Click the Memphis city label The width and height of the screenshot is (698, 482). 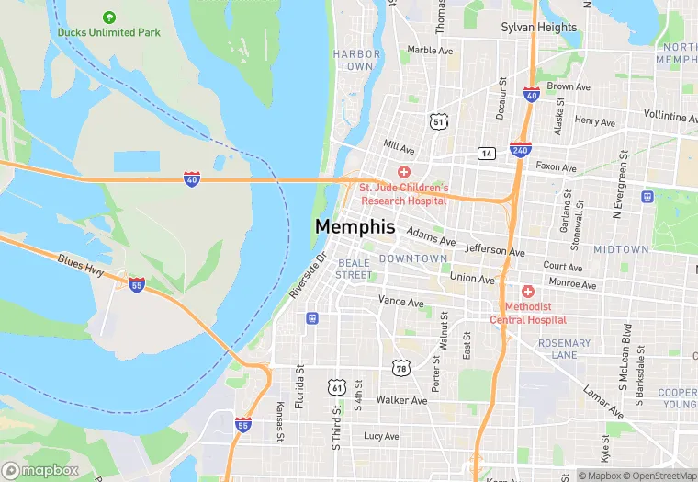click(355, 226)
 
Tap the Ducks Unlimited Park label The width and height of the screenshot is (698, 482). click(108, 32)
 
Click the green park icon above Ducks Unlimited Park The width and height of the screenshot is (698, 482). click(109, 17)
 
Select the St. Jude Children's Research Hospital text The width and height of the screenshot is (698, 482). click(402, 193)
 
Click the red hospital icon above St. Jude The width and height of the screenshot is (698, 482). click(402, 173)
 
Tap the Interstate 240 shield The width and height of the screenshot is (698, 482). click(520, 149)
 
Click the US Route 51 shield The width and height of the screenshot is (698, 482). click(439, 121)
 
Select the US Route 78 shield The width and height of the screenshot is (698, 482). click(401, 368)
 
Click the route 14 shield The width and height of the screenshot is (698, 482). click(486, 153)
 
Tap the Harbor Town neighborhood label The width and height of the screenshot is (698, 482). click(355, 60)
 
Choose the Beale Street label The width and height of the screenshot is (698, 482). click(354, 269)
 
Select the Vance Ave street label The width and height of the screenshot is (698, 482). click(401, 301)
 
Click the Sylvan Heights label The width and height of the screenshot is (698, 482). click(539, 28)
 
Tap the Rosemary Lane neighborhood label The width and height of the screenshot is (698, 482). click(564, 349)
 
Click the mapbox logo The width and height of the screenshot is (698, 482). click(40, 470)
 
